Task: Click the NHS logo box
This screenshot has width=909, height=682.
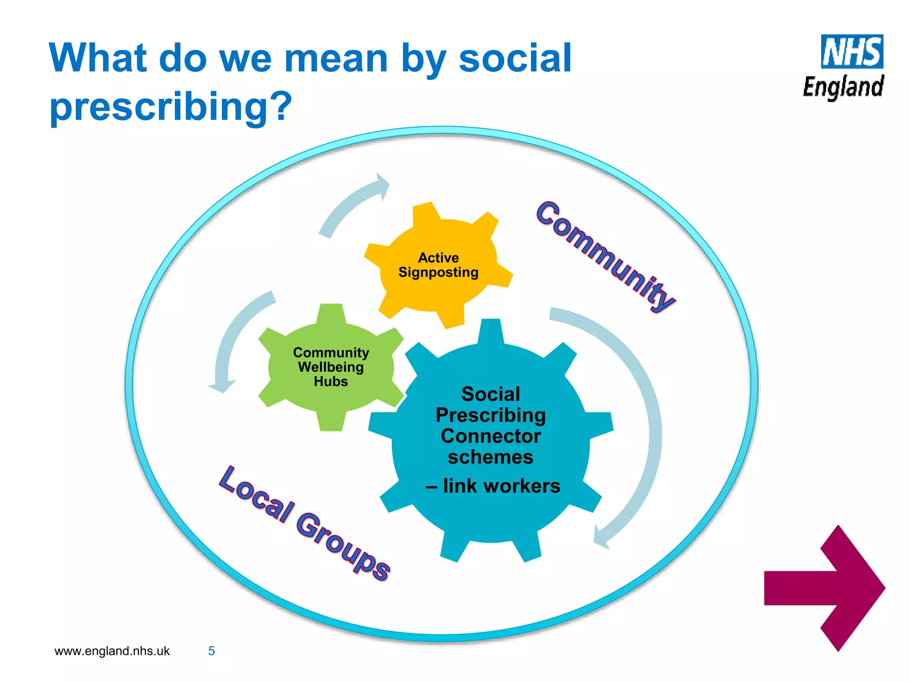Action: (x=852, y=52)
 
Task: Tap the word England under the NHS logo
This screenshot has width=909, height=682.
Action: (x=843, y=87)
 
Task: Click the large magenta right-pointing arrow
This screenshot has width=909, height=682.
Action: (x=825, y=588)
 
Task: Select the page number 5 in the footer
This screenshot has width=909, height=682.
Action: (x=212, y=651)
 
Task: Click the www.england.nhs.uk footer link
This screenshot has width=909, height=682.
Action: (x=112, y=651)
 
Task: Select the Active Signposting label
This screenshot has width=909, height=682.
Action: (x=438, y=265)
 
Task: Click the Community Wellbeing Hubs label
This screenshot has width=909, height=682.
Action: (x=331, y=367)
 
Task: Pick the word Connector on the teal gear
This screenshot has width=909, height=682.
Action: (x=490, y=436)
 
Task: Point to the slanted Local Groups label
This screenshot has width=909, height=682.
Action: (x=304, y=523)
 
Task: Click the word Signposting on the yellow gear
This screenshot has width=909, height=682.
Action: (x=438, y=272)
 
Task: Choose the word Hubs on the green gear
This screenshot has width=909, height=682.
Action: (x=331, y=381)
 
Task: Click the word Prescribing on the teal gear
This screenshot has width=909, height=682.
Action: (x=490, y=415)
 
